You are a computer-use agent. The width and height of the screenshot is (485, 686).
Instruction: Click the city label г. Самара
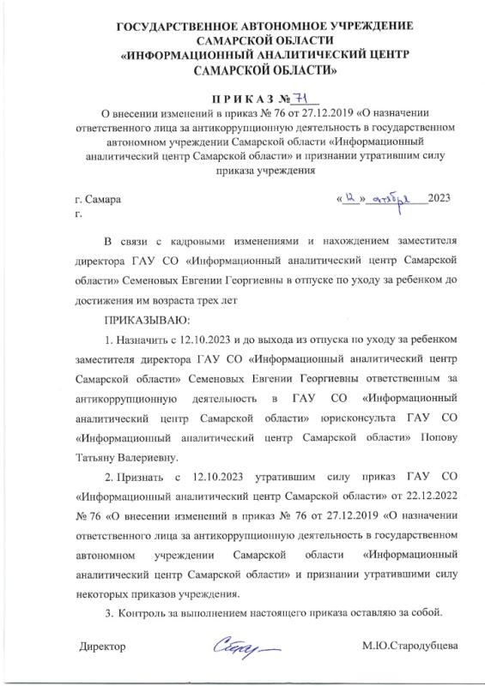pyautogui.click(x=97, y=199)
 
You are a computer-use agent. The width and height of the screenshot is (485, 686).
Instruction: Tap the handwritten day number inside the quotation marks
pyautogui.click(x=350, y=198)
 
